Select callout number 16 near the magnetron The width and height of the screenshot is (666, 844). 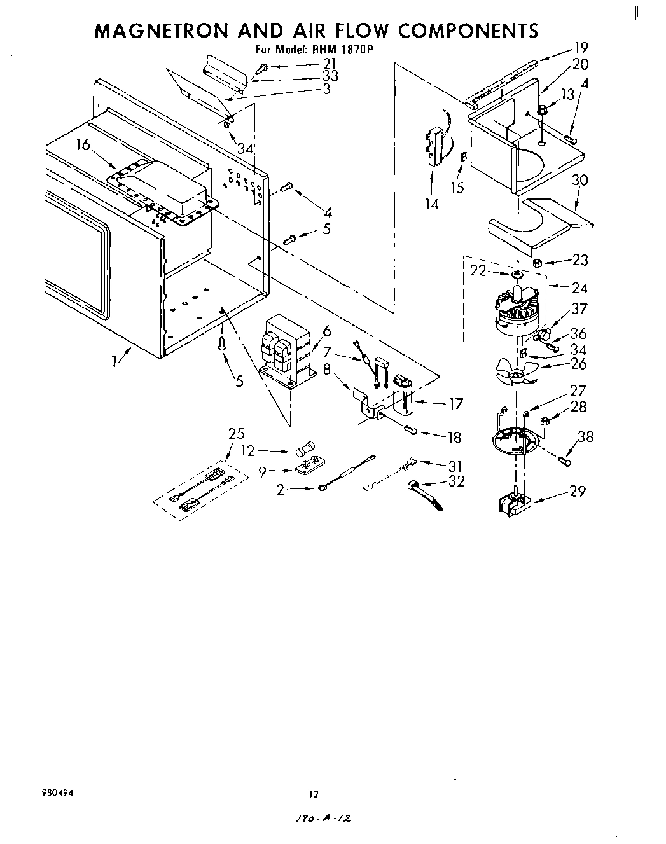pyautogui.click(x=83, y=145)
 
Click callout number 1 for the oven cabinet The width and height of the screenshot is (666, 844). pyautogui.click(x=114, y=361)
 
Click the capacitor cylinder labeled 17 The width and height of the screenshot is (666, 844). pyautogui.click(x=402, y=395)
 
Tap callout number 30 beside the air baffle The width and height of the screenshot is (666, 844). pyautogui.click(x=579, y=181)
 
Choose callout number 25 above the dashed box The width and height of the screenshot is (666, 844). pyautogui.click(x=236, y=434)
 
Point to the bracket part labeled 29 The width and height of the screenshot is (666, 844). pyautogui.click(x=513, y=502)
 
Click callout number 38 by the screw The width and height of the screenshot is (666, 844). pyautogui.click(x=586, y=437)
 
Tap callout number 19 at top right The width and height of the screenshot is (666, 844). pyautogui.click(x=580, y=47)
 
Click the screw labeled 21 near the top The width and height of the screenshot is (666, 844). pyautogui.click(x=261, y=67)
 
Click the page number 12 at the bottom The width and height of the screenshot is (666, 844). pyautogui.click(x=312, y=793)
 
